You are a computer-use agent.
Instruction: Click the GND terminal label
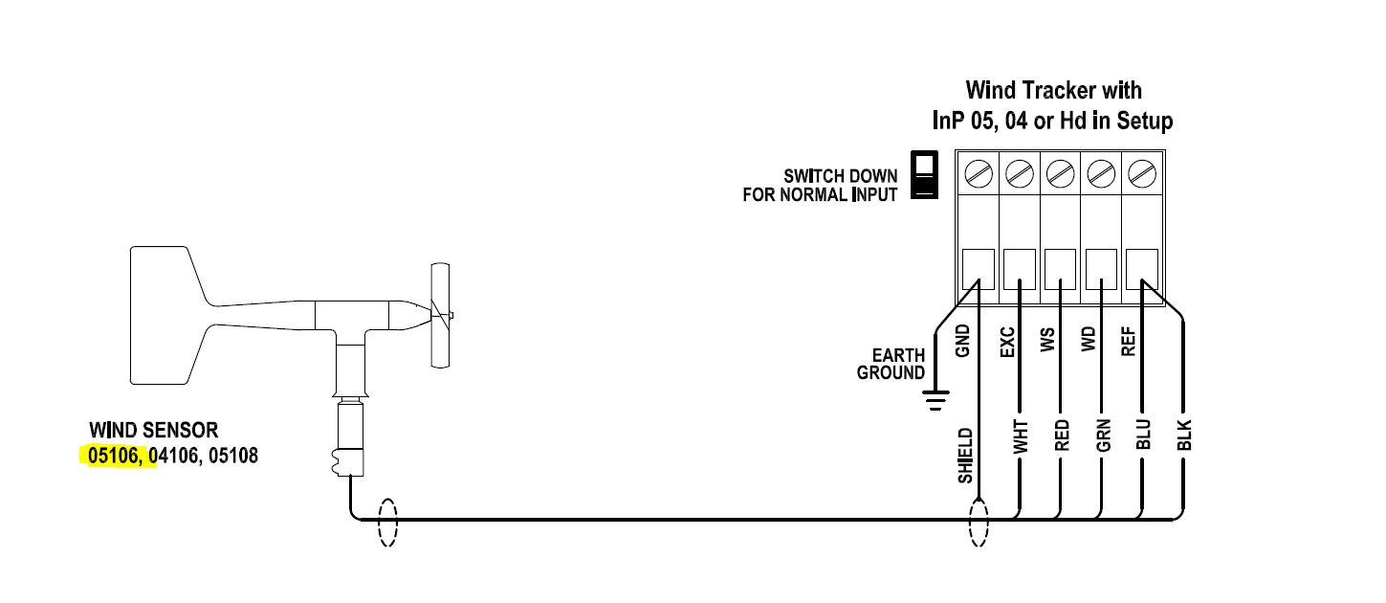click(x=962, y=341)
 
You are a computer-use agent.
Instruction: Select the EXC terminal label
click(x=1007, y=342)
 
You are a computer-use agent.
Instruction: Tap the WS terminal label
click(x=1047, y=341)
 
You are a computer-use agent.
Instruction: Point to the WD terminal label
click(x=1089, y=339)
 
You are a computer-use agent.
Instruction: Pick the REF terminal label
click(x=1129, y=342)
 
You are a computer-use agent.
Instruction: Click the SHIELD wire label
click(x=965, y=456)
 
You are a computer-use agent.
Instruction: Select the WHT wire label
click(x=1021, y=436)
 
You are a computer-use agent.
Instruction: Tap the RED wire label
click(x=1062, y=435)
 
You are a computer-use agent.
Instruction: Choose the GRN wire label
click(x=1103, y=435)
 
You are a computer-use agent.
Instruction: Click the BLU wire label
click(x=1143, y=435)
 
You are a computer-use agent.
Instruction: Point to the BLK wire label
click(x=1183, y=435)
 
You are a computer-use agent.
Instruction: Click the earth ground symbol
click(x=935, y=400)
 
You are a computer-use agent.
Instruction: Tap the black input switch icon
click(x=924, y=174)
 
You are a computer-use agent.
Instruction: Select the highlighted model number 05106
click(x=113, y=456)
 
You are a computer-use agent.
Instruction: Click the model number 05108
click(x=233, y=456)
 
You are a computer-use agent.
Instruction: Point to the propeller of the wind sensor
click(x=441, y=315)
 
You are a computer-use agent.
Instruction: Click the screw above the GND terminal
click(x=979, y=174)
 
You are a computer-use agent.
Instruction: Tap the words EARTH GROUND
click(x=891, y=364)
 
